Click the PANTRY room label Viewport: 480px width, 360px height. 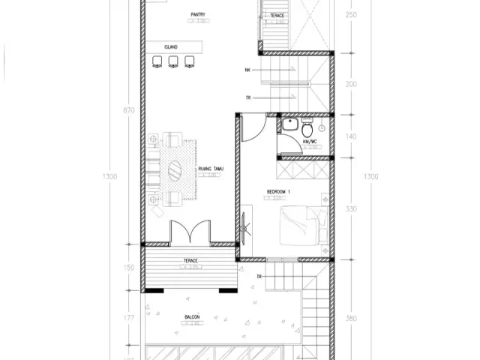[x=199, y=13]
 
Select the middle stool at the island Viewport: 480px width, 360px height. [x=172, y=61]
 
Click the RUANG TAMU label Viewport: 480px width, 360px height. [x=209, y=169]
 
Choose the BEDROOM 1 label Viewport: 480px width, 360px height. [x=277, y=192]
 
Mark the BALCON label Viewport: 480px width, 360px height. [x=192, y=317]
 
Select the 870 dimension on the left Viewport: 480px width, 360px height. [x=129, y=111]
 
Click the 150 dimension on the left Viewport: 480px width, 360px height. [x=129, y=268]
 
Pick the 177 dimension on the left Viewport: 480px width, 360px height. [x=129, y=317]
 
